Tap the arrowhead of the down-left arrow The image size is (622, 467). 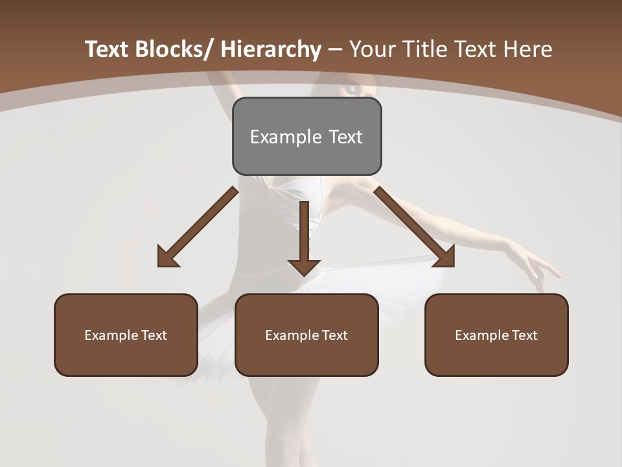tap(167, 258)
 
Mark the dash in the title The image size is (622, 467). tap(335, 50)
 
